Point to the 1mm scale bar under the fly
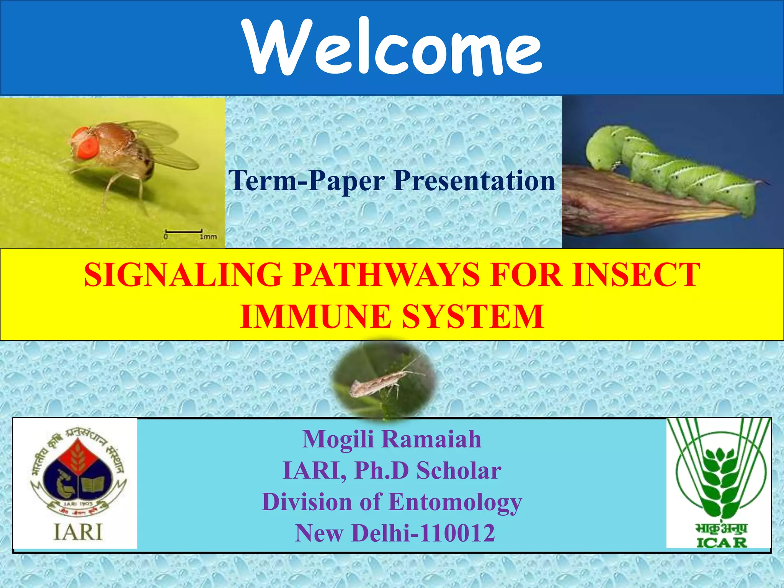183,231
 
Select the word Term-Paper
306,181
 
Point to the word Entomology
456,502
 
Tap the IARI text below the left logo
78,532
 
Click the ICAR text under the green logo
721,543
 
